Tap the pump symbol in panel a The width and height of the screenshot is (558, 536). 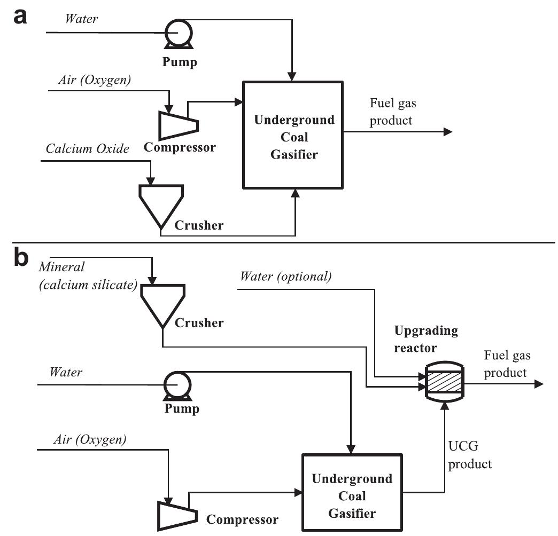(174, 33)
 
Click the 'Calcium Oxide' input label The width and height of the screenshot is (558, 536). (87, 149)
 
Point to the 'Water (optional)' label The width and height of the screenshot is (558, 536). (285, 277)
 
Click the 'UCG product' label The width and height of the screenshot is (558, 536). (469, 456)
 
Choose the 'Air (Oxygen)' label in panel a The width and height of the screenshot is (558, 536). (94, 80)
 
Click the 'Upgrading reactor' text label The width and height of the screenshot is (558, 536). (426, 339)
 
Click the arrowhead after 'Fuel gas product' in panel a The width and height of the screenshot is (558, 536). (447, 132)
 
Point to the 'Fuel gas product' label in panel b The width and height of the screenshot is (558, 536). (507, 364)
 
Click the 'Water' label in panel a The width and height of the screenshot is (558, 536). (81, 19)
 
